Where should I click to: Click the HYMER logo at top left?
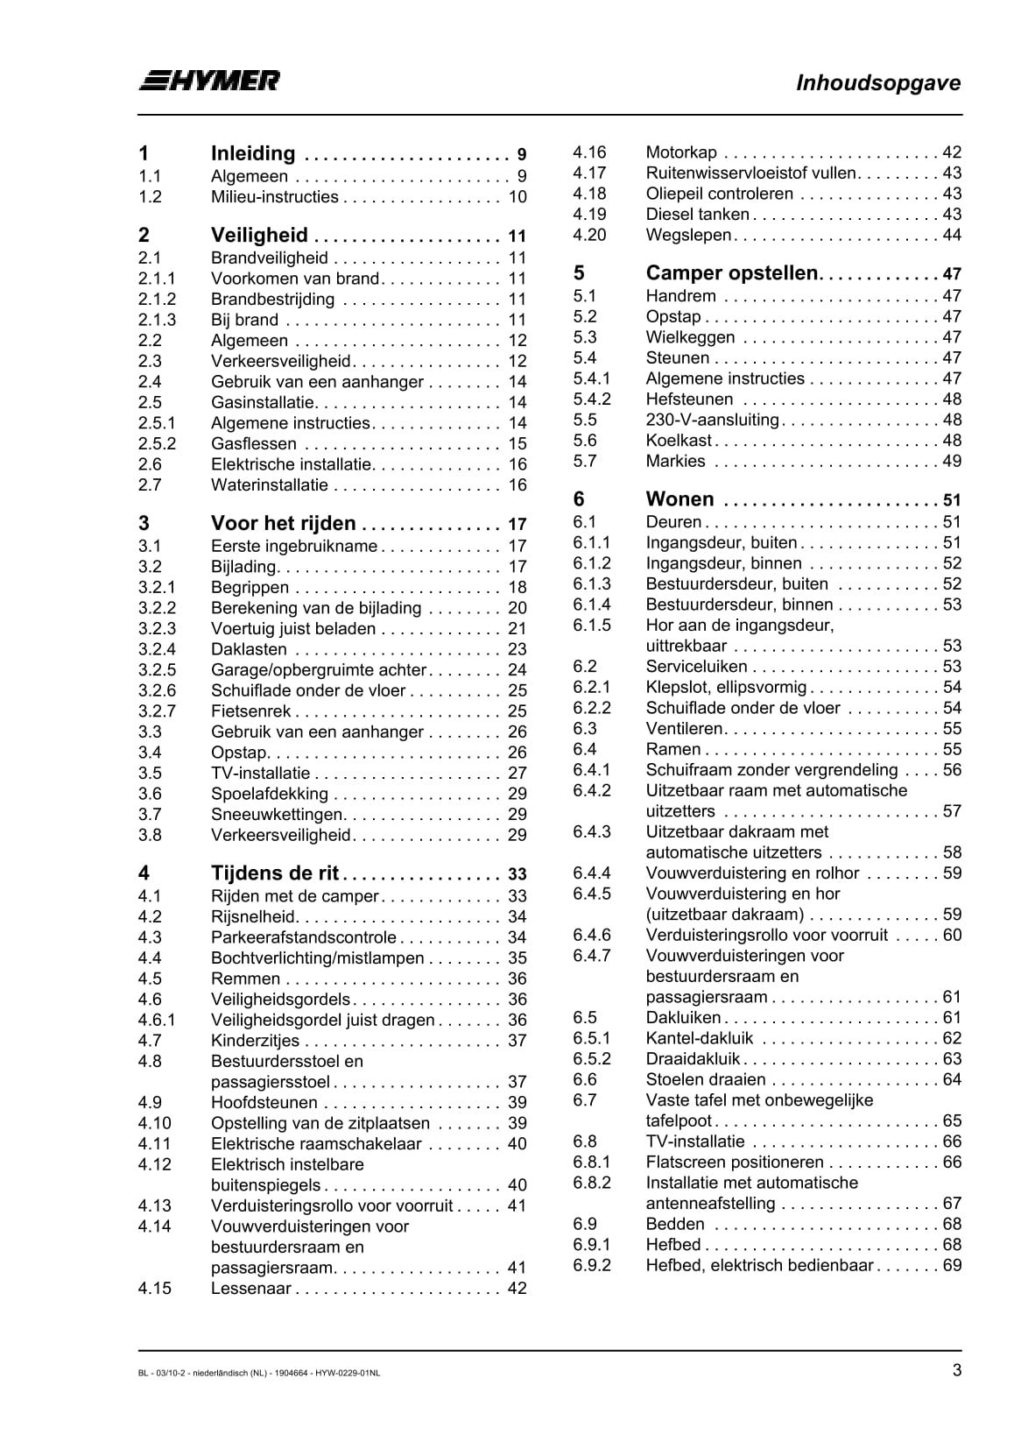click(209, 81)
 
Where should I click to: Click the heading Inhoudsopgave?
click(877, 83)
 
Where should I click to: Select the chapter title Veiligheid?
click(259, 235)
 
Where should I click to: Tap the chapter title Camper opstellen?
click(731, 272)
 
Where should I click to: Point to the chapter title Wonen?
click(679, 499)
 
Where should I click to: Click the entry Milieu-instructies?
click(274, 197)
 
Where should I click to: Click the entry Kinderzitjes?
click(255, 1041)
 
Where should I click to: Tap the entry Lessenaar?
click(250, 1289)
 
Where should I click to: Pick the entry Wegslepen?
click(688, 235)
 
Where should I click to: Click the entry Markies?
click(675, 462)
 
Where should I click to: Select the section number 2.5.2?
click(157, 444)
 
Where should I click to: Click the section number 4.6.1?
click(157, 1021)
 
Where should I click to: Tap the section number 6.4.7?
click(592, 956)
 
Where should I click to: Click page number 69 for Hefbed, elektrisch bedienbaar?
click(952, 1266)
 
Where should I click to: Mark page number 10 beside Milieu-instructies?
click(518, 197)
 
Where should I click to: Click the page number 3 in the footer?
click(957, 1371)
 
